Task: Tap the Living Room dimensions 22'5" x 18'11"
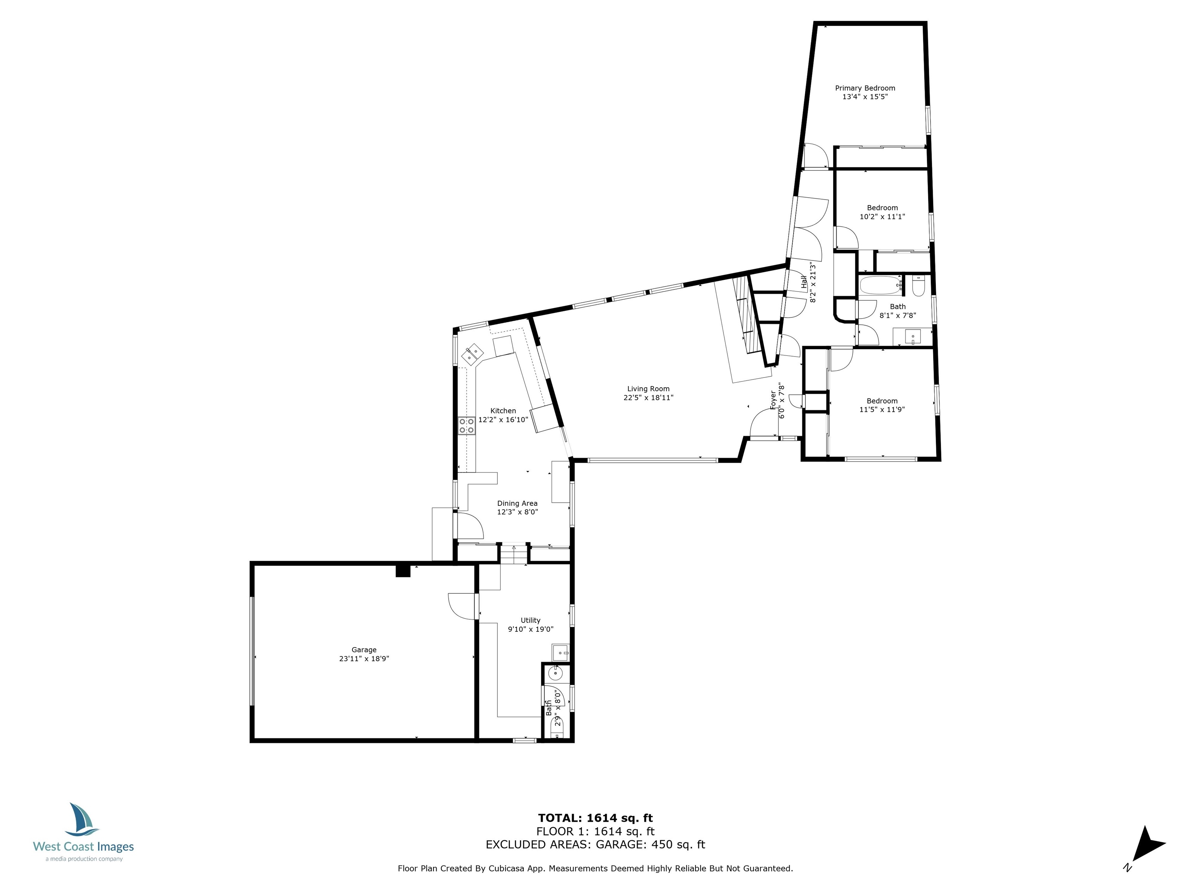click(x=648, y=398)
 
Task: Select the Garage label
click(x=364, y=650)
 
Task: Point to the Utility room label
click(x=530, y=620)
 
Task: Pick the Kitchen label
click(x=503, y=411)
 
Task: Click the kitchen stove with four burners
click(x=466, y=426)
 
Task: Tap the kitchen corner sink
click(x=473, y=353)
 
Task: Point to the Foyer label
click(x=773, y=400)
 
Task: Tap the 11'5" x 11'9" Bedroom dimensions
click(x=882, y=409)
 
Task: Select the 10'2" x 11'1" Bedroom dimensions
click(x=882, y=216)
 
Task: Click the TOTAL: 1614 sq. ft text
click(x=595, y=818)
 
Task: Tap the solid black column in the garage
click(x=403, y=571)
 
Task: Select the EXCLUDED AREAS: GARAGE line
click(x=595, y=845)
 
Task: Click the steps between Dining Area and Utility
click(x=514, y=553)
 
